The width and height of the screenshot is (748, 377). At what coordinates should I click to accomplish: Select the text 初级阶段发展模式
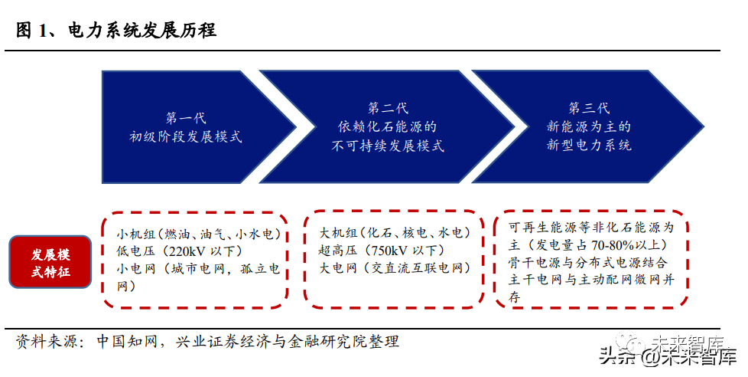pos(186,138)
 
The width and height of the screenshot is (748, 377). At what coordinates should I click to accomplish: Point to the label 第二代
pos(388,107)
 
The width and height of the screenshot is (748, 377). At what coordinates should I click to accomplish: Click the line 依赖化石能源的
pos(388,126)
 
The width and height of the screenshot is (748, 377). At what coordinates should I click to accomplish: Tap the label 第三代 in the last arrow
pos(589,107)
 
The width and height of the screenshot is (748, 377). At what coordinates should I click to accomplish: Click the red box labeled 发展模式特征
pos(51,262)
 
